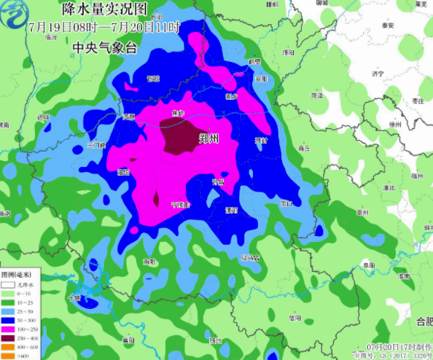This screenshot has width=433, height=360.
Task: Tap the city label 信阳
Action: pos(295,318)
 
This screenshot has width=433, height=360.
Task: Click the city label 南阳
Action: pos(149,261)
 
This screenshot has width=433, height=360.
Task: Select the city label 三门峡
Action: pos(95,145)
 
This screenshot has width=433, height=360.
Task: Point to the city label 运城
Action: pos(44,117)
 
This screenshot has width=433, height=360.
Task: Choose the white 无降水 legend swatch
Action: pos(7,285)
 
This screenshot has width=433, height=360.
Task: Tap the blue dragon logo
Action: pos(13,13)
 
